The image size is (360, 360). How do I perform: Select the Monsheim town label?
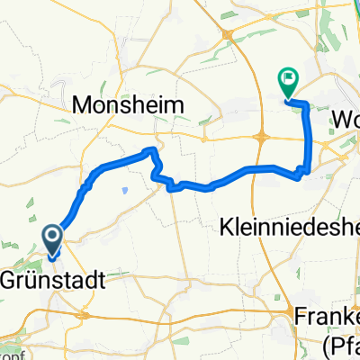click(x=127, y=105)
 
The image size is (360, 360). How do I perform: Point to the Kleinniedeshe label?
click(x=288, y=229)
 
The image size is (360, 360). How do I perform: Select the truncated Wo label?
click(x=346, y=119)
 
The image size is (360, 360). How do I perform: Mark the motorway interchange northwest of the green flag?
click(x=231, y=34)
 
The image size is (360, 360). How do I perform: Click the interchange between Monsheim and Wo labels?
click(x=261, y=137)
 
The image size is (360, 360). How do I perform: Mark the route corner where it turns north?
click(x=307, y=169)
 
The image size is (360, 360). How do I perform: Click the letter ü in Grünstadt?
click(x=33, y=278)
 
